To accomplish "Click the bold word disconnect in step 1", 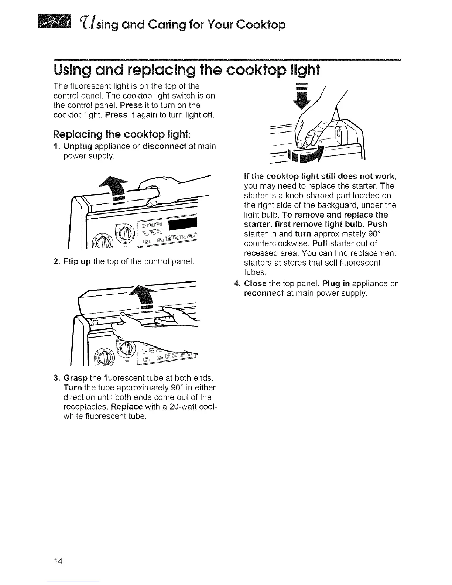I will [x=164, y=146].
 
